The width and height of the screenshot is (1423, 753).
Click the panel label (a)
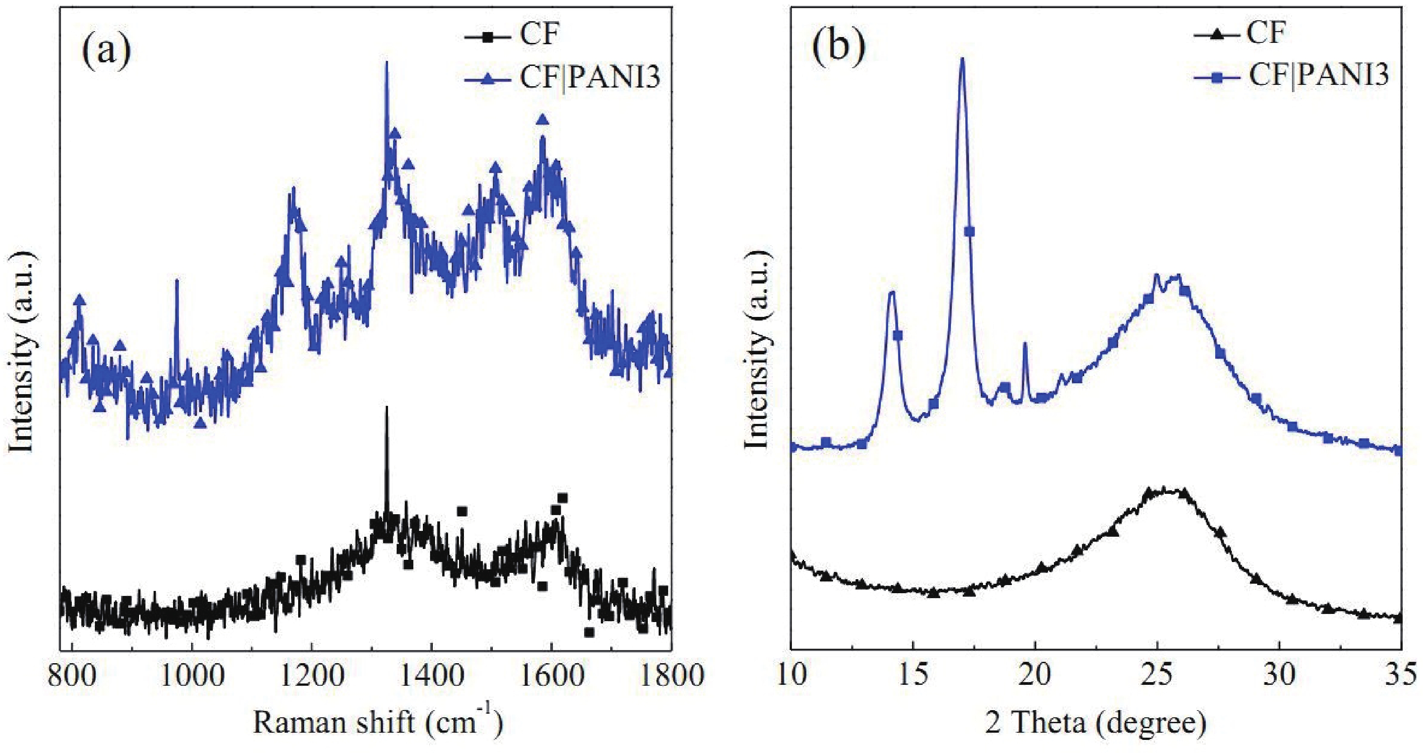point(107,51)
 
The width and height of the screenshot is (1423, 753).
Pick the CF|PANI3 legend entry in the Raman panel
point(590,79)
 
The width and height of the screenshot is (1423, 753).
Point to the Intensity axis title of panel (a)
point(23,353)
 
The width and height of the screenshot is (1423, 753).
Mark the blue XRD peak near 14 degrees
point(891,293)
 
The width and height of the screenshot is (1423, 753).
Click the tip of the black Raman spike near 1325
point(386,407)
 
